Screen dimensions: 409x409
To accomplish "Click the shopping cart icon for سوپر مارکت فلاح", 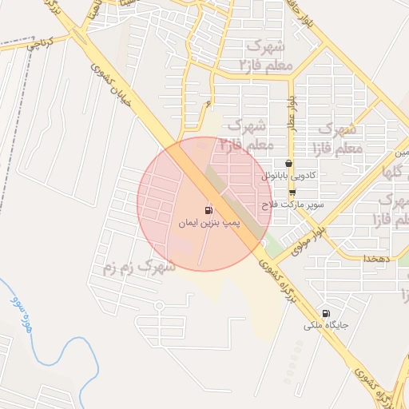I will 292,193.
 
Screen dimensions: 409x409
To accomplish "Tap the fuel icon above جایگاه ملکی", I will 325,313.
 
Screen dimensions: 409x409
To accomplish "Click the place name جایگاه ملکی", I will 324,326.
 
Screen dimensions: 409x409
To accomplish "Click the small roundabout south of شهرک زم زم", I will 159,306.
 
